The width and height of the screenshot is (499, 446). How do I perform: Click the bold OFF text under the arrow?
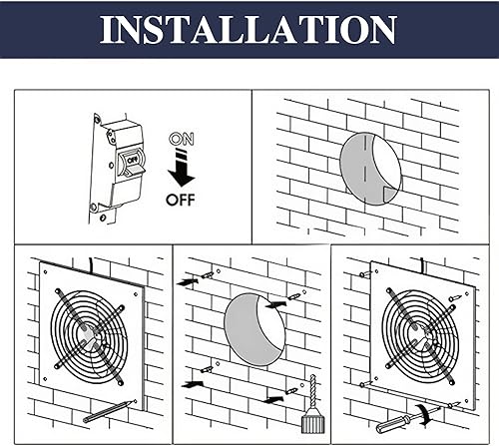pos(181,197)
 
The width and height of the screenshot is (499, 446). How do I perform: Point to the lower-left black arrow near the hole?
pos(191,382)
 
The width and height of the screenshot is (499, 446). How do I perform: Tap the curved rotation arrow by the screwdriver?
pos(430,410)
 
